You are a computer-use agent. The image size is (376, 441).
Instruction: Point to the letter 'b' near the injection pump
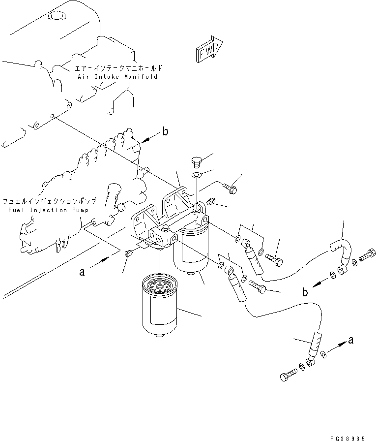coord(165,132)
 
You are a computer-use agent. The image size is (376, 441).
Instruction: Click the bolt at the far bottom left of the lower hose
coord(288,377)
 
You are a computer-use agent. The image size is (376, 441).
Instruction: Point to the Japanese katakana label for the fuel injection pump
coord(48,201)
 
